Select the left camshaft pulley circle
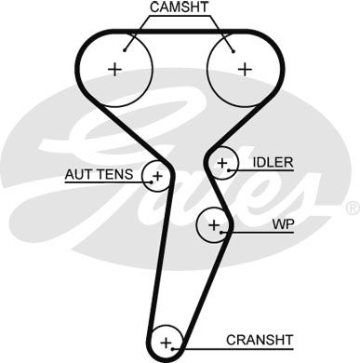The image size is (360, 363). pos(115,68)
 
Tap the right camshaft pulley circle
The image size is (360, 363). pos(244,68)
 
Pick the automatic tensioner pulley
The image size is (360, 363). pos(156,175)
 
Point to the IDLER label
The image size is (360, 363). pos(273,163)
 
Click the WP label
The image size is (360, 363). pos(283,224)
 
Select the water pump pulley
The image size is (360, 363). pos(214,224)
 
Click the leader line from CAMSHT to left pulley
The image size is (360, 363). pos(136,28)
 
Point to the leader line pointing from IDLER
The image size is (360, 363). pos(242,164)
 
